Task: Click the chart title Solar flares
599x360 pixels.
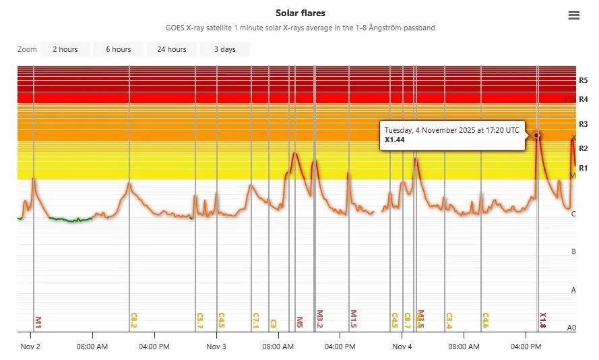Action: tap(300, 13)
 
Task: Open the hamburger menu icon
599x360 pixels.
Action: tap(574, 16)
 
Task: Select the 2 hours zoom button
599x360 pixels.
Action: tap(65, 49)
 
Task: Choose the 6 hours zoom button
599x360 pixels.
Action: tap(118, 49)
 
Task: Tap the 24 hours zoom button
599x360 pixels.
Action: tap(172, 49)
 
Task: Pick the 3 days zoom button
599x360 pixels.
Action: tap(225, 49)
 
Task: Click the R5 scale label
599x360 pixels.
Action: tap(583, 80)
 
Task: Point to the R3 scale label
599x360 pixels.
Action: tap(583, 124)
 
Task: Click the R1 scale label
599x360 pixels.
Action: tap(583, 168)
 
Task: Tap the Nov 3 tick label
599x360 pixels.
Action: tap(216, 347)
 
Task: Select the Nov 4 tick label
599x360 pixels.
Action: tap(402, 347)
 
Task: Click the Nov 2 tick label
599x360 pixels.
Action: tap(30, 347)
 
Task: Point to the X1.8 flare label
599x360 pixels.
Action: tap(542, 320)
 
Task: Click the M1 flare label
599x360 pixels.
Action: tap(38, 322)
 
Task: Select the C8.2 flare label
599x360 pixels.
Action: tap(133, 320)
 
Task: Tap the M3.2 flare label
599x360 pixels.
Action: tap(320, 320)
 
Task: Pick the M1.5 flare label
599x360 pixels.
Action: tap(353, 320)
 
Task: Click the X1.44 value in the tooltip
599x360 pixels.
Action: tap(395, 140)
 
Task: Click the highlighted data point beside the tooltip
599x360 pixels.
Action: tap(537, 136)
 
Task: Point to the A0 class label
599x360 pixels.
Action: tap(571, 328)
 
